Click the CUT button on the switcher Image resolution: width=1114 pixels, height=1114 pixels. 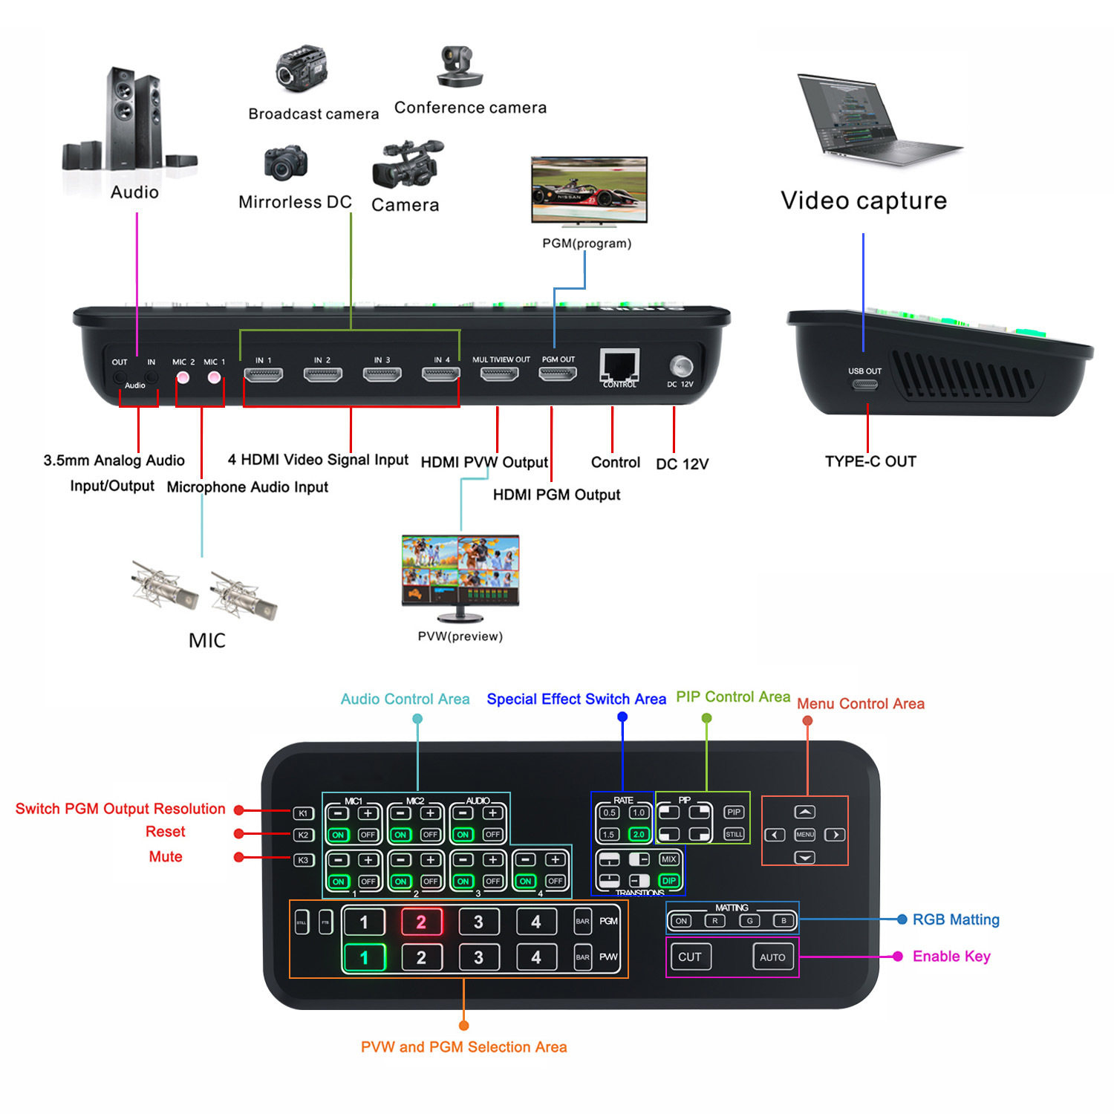click(690, 957)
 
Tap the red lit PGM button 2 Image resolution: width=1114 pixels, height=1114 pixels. click(421, 922)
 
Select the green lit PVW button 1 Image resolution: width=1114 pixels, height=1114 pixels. click(364, 957)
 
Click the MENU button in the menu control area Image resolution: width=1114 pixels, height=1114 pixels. click(805, 835)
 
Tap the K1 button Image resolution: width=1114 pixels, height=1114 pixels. click(303, 813)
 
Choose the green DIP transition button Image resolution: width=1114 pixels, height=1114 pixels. click(668, 881)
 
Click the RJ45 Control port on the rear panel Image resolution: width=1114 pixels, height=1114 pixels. click(619, 365)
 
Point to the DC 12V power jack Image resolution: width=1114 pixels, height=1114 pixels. click(680, 366)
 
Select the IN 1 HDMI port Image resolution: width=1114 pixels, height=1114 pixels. click(264, 375)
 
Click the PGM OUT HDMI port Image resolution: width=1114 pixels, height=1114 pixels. click(558, 374)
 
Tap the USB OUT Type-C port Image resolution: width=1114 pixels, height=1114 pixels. click(864, 385)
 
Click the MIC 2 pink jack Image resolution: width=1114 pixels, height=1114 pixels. click(183, 377)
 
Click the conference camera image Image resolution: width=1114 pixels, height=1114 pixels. click(460, 67)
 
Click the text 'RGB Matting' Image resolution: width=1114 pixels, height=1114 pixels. click(956, 919)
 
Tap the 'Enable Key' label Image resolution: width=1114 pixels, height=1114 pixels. click(951, 957)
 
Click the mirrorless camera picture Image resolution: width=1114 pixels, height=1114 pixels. click(286, 163)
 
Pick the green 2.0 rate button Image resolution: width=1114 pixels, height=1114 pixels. click(639, 834)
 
